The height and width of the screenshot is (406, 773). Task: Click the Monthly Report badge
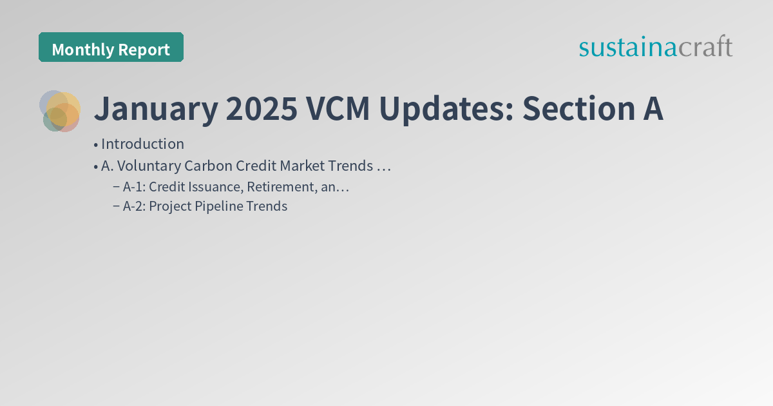[111, 48]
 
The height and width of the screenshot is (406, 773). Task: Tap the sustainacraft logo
[655, 47]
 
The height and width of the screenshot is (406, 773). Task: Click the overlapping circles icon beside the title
[60, 111]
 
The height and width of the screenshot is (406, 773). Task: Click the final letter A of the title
[651, 109]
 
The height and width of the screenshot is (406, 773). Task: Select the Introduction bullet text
[142, 144]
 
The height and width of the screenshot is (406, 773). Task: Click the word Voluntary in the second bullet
[148, 166]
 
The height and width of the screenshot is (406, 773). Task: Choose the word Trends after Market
[350, 166]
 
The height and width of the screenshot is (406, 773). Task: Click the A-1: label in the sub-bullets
[134, 187]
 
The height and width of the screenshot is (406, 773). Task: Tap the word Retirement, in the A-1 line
[282, 187]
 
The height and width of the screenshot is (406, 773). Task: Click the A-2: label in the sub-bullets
[134, 206]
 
